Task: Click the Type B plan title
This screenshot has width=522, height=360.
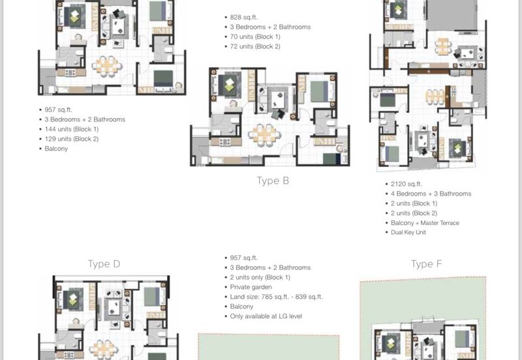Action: click(273, 181)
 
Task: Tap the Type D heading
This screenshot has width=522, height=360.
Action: click(104, 264)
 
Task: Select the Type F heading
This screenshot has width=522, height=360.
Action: click(427, 264)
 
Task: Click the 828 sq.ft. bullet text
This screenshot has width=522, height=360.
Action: click(243, 18)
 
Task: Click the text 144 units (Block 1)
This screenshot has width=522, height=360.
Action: click(72, 129)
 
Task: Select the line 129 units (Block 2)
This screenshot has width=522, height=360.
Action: click(72, 139)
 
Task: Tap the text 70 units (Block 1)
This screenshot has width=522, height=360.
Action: click(255, 37)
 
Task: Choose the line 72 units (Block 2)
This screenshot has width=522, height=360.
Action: click(255, 46)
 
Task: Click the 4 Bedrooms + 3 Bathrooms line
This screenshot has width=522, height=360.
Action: click(431, 194)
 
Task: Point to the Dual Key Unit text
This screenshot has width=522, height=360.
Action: click(408, 232)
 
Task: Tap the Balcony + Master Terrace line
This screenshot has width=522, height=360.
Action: click(425, 223)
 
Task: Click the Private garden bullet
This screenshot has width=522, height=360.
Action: click(251, 287)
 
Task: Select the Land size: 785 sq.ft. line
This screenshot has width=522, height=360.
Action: click(276, 297)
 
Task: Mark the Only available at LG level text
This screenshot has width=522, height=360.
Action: click(266, 316)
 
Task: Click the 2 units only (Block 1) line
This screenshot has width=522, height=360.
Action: click(260, 277)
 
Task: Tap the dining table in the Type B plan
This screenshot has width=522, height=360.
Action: click(265, 135)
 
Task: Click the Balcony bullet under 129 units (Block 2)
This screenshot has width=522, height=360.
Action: click(56, 149)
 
